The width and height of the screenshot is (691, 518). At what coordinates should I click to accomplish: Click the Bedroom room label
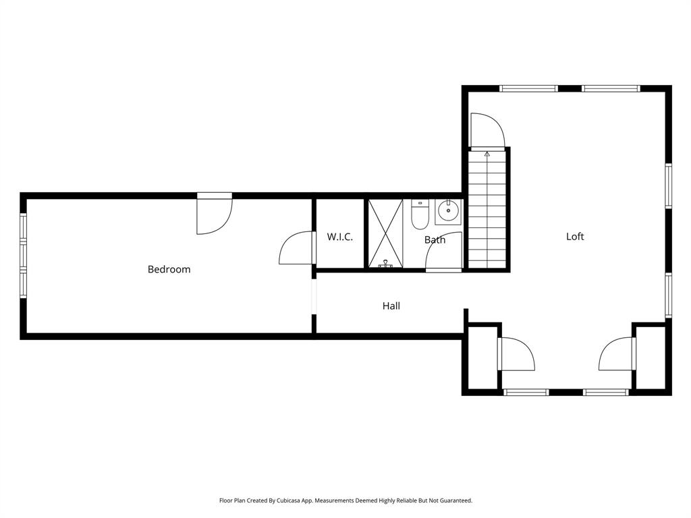pos(169,269)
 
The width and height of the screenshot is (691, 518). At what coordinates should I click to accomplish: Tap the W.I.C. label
pos(339,237)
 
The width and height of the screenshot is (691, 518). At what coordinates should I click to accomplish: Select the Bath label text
pos(435,239)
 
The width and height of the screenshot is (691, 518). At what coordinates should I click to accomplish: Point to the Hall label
pos(391,306)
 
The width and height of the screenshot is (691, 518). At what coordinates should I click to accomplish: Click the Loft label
pos(575,236)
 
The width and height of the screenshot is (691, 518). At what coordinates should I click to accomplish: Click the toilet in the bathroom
pos(420,214)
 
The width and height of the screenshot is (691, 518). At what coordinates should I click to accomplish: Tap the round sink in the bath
pos(447,212)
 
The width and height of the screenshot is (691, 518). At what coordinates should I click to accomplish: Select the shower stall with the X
pos(385,233)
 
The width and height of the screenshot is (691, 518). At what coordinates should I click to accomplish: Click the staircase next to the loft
pos(487,209)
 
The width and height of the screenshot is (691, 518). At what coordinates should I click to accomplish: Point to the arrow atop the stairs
pos(487,154)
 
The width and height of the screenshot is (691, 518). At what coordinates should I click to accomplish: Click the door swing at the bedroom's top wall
pos(214,214)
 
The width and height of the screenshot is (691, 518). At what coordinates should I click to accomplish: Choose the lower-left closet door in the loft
pos(516,354)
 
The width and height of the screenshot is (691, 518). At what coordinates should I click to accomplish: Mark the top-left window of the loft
pos(528,88)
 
